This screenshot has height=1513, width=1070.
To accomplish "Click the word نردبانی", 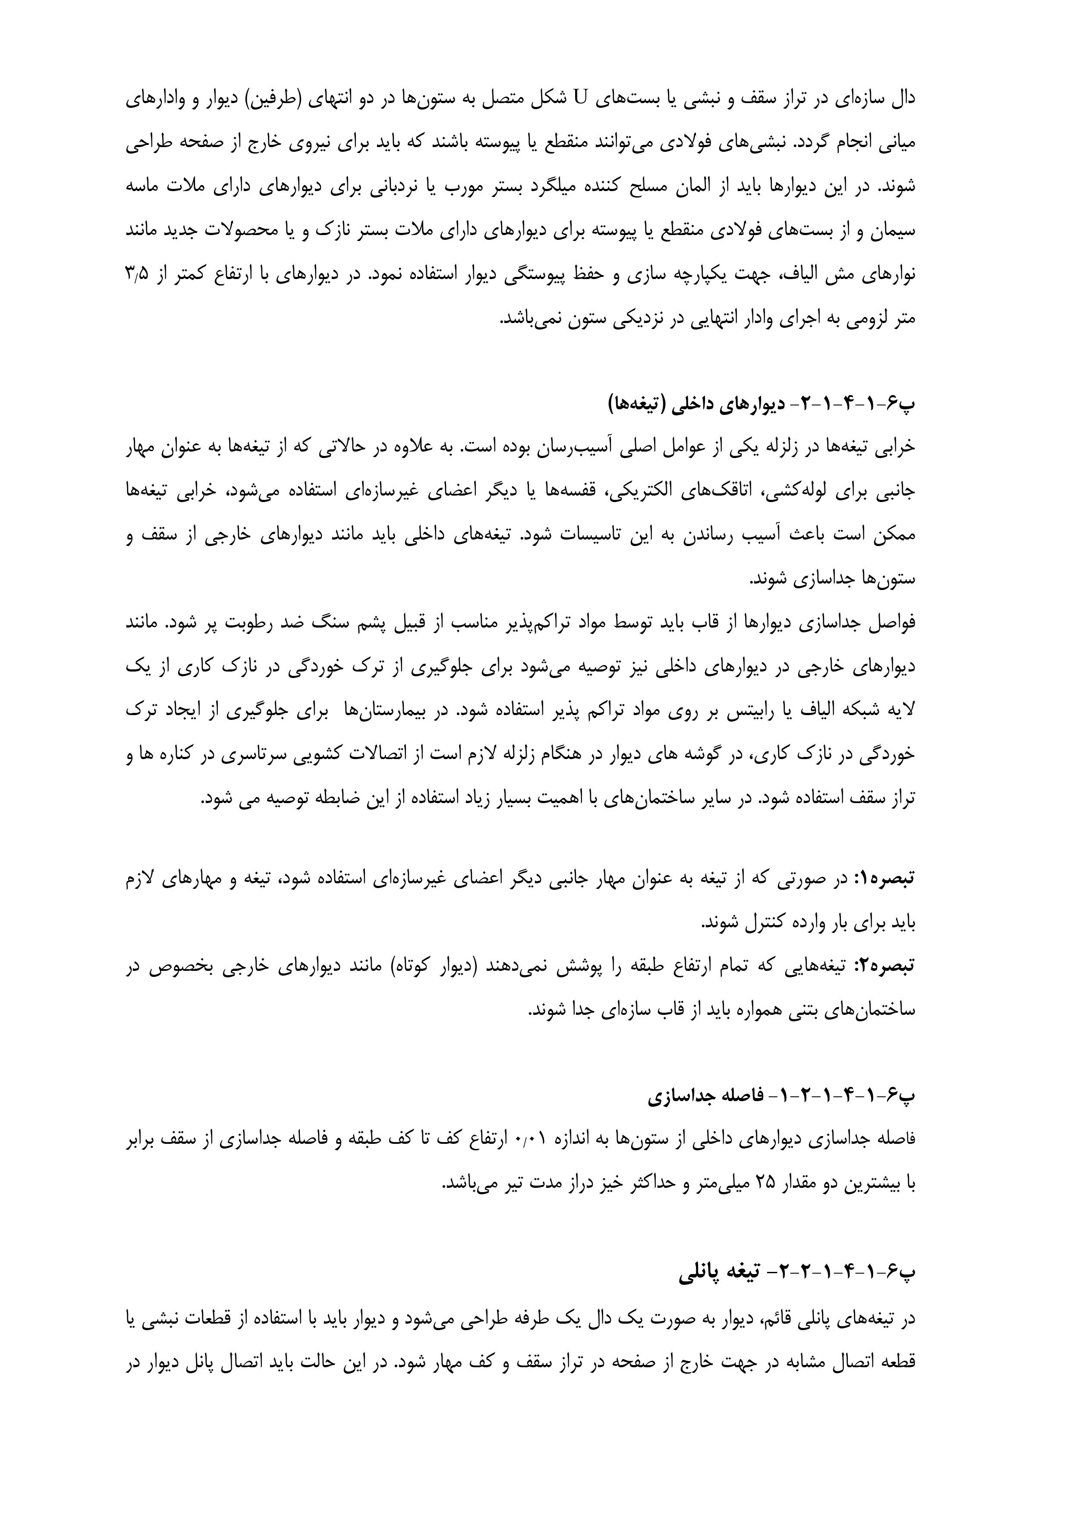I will tap(393, 187).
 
